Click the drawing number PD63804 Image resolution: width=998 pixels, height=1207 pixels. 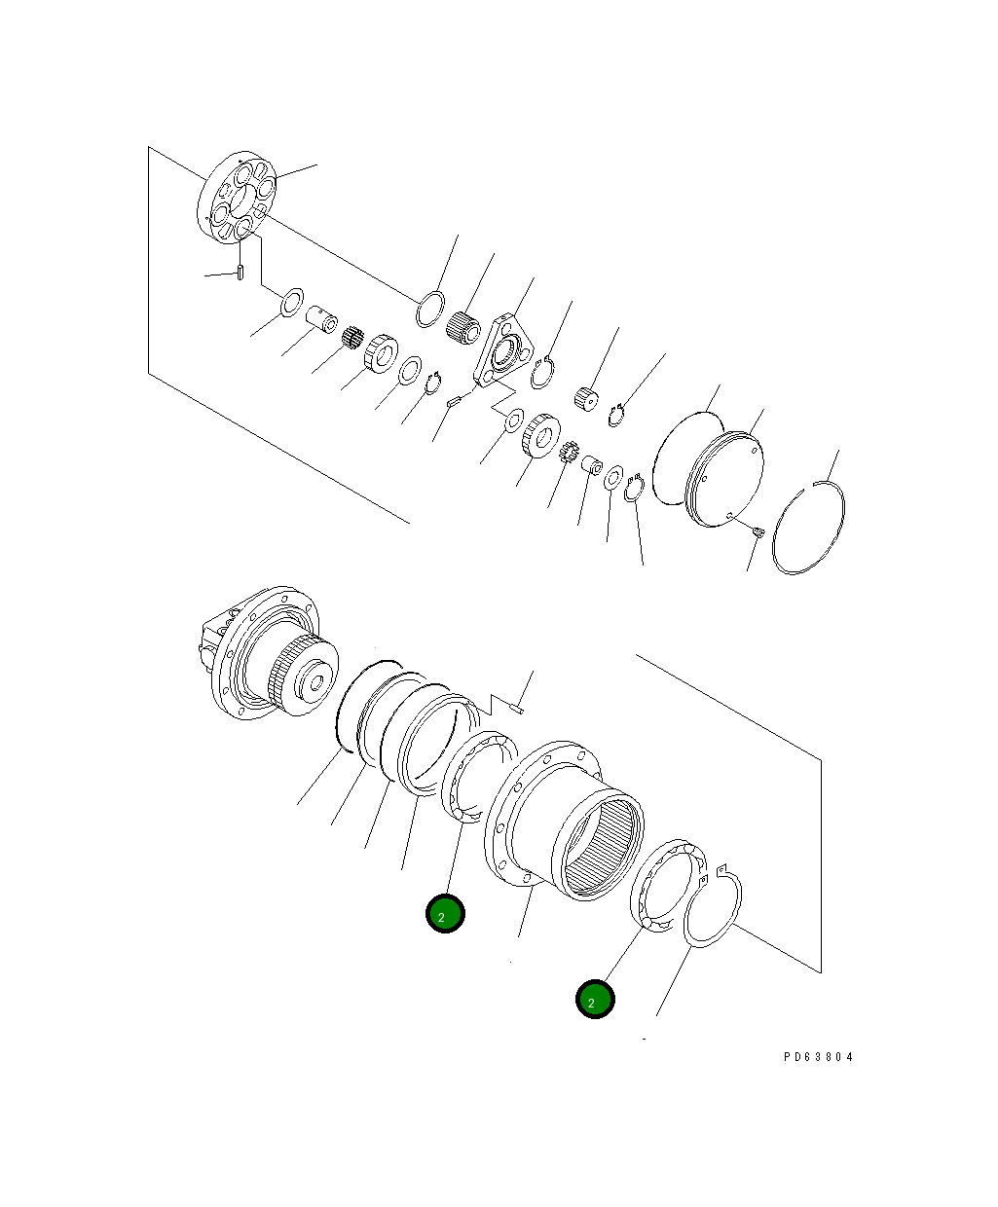(x=817, y=1056)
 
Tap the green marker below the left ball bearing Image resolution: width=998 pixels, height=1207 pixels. (x=445, y=914)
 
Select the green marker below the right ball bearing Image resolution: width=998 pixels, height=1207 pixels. (x=595, y=1000)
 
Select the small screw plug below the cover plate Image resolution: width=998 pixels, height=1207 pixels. (x=758, y=530)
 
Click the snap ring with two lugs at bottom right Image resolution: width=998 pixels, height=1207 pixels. (x=715, y=905)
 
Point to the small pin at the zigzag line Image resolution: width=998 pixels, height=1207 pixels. (x=521, y=709)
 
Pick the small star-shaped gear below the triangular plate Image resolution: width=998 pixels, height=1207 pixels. (x=572, y=453)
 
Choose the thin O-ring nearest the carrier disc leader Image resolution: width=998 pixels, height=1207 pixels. (x=429, y=309)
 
